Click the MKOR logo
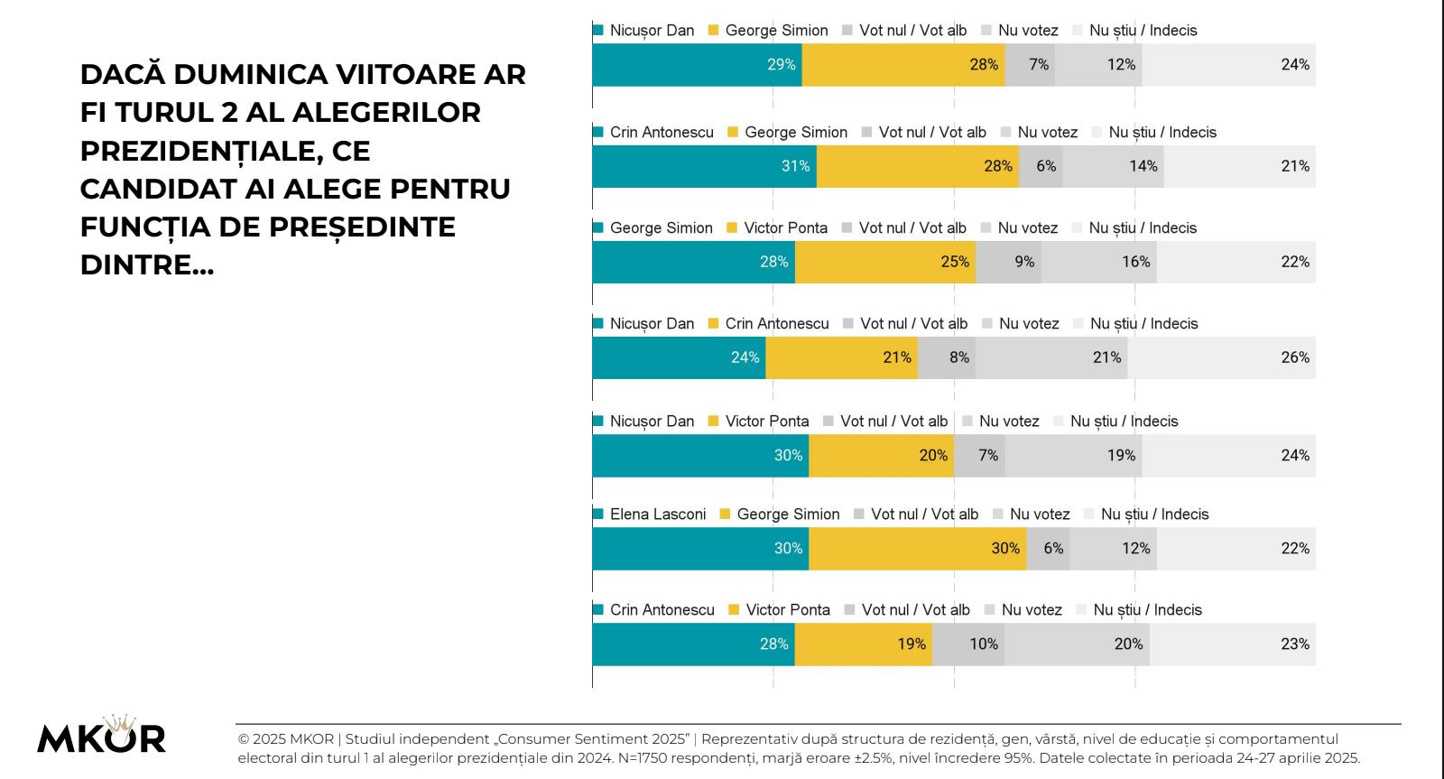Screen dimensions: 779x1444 click(x=101, y=735)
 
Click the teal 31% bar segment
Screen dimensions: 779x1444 click(x=704, y=166)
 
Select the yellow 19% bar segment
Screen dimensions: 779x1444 click(x=864, y=644)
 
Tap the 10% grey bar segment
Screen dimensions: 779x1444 click(x=968, y=644)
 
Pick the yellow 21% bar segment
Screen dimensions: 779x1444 click(x=841, y=357)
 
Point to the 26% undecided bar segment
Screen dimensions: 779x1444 click(x=1221, y=357)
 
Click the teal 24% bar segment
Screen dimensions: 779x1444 click(x=679, y=357)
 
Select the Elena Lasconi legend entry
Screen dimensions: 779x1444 click(x=657, y=515)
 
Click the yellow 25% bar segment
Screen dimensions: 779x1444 click(x=885, y=262)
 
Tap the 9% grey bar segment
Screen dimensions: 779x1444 click(x=1008, y=262)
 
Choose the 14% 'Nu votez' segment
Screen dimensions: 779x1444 click(x=1113, y=166)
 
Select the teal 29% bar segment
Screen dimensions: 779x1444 click(x=697, y=65)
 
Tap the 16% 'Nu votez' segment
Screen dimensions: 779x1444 click(x=1098, y=262)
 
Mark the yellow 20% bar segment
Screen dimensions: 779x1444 click(x=881, y=455)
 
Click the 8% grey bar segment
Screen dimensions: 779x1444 click(x=946, y=357)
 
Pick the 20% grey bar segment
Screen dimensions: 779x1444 click(x=1077, y=644)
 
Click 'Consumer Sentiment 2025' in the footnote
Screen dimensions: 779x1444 click(x=595, y=738)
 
